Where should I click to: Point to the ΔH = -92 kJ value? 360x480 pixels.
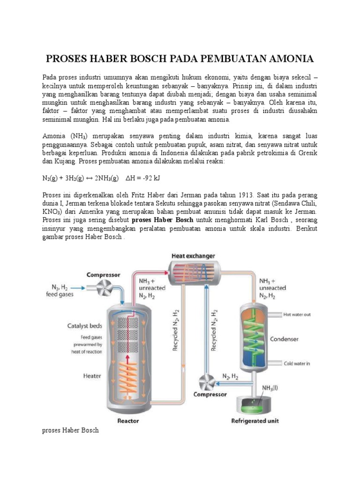[x=143, y=178]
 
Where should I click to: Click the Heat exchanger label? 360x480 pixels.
[x=193, y=256]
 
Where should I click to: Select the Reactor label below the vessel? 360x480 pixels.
[x=128, y=420]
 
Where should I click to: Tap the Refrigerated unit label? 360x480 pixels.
[x=255, y=420]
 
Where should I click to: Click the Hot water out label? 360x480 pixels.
[x=297, y=315]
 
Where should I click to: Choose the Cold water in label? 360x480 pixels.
[x=297, y=363]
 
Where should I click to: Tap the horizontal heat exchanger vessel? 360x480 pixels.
[x=193, y=271]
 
